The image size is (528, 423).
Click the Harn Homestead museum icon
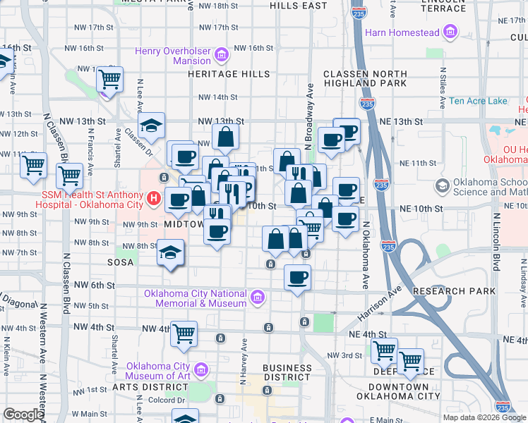pyautogui.click(x=450, y=32)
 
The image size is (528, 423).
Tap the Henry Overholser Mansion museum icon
pyautogui.click(x=221, y=54)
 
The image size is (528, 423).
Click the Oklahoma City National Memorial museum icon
pyautogui.click(x=258, y=298)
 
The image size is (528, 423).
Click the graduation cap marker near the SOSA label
pyautogui.click(x=170, y=252)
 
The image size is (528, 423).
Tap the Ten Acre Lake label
pyautogui.click(x=479, y=101)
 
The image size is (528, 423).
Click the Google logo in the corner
pyautogui.click(x=23, y=415)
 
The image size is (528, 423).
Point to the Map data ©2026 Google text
pyautogui.click(x=484, y=417)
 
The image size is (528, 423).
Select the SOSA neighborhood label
pyautogui.click(x=120, y=261)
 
